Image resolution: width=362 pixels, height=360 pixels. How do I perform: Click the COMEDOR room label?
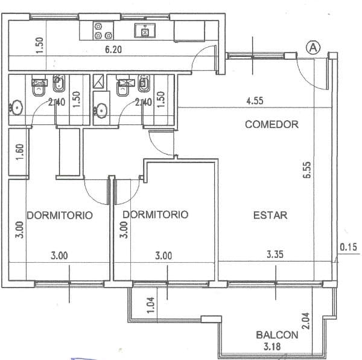pos(271,124)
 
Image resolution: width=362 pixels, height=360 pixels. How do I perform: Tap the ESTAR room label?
pos(270,216)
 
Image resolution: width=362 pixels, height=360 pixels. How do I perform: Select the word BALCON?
pos(277,335)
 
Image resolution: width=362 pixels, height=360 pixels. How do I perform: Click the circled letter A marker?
pos(313,48)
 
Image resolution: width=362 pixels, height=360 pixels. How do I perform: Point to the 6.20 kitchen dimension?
pos(113,50)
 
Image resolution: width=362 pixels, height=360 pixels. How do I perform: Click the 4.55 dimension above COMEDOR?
pos(255,101)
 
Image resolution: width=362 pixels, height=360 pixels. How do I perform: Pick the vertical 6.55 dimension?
pos(307,170)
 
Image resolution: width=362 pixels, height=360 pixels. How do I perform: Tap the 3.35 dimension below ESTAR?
pos(275,254)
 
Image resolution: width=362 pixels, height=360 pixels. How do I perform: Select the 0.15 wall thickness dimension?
pos(348,247)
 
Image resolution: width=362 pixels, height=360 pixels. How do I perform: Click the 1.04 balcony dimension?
pos(150,305)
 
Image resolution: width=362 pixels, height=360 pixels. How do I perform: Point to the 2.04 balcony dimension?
pos(306,321)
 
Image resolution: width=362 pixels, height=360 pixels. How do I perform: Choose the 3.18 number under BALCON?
pos(272,347)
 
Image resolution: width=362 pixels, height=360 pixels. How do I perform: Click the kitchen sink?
pos(145,30)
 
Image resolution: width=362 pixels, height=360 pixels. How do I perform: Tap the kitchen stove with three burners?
pos(103,30)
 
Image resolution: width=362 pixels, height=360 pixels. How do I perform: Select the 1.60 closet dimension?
pos(21,152)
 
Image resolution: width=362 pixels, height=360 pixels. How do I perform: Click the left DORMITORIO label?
pos(60,216)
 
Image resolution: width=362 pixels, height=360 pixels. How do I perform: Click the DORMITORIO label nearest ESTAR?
pos(156,214)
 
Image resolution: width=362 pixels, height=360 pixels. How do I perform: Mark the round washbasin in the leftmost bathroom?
pos(16,108)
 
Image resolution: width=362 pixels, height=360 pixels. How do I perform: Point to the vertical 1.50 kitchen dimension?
pos(40,45)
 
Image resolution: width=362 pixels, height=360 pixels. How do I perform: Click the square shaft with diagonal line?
pos(98,81)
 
